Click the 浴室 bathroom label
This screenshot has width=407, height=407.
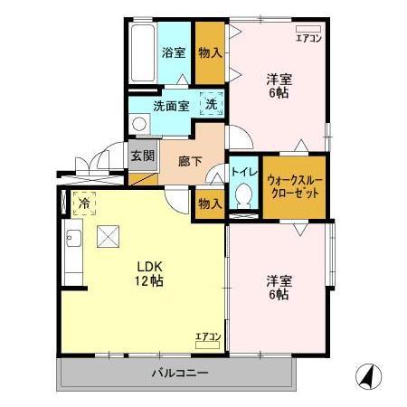(x=174, y=52)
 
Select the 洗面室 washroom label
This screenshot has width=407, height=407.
(x=170, y=106)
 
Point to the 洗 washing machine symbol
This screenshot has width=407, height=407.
(x=210, y=104)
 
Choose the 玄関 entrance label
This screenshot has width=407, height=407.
(x=142, y=156)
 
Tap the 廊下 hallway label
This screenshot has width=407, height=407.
(x=191, y=161)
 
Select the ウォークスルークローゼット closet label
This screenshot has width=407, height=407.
(x=295, y=186)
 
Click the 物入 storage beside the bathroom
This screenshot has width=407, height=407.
(x=211, y=52)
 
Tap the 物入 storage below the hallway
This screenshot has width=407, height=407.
(x=210, y=203)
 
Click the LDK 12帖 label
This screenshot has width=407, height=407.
(x=149, y=274)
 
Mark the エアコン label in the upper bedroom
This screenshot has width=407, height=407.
(x=308, y=36)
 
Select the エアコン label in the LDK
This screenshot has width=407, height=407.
(x=209, y=337)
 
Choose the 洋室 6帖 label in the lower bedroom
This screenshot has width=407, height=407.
(x=278, y=287)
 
